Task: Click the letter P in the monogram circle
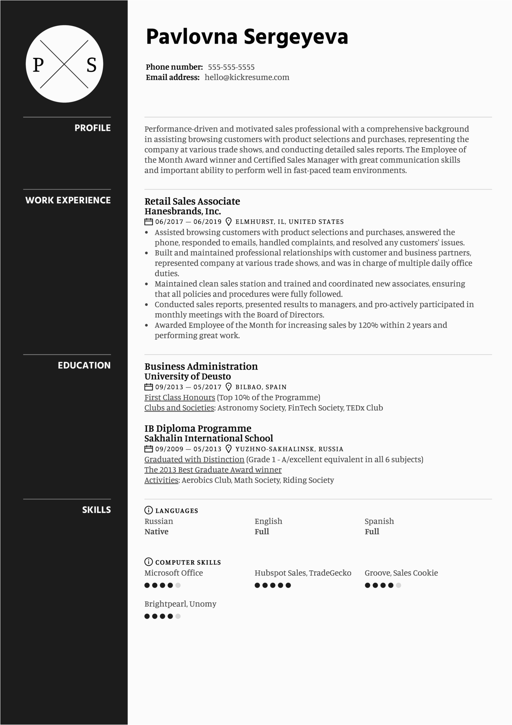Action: point(38,65)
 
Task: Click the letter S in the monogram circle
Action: point(91,65)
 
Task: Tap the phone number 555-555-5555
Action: point(231,67)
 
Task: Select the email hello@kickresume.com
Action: point(247,77)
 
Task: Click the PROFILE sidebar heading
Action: point(92,128)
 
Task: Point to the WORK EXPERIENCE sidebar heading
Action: point(68,200)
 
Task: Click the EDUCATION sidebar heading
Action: point(84,365)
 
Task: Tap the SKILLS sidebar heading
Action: point(96,510)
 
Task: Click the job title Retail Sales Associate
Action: point(192,201)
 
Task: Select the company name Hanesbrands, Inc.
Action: point(182,211)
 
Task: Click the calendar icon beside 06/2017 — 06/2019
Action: point(149,222)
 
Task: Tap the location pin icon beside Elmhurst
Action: point(229,222)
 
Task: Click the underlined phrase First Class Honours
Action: point(180,398)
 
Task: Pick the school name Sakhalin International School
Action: point(209,438)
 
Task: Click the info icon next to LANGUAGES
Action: point(148,510)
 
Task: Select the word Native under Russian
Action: point(156,532)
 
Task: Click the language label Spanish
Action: point(379,521)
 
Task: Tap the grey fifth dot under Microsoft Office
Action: point(178,585)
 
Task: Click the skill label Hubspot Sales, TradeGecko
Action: point(303,573)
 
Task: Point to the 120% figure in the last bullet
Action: point(368,325)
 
